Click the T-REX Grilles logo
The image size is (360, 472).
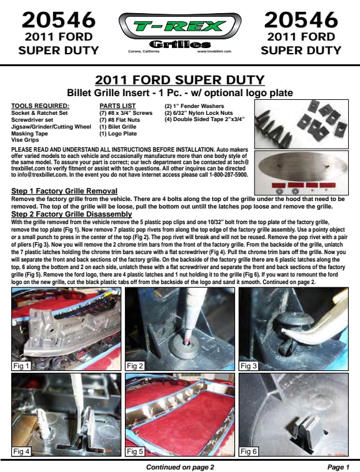point(180,32)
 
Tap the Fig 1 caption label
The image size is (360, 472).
point(21,366)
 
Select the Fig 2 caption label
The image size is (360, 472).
point(134,366)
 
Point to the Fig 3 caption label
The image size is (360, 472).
point(249,366)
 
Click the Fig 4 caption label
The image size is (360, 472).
point(21,451)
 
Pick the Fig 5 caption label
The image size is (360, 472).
point(134,451)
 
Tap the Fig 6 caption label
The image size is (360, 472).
point(249,451)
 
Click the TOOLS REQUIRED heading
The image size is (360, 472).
point(40,106)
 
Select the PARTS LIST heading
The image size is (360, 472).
point(117,106)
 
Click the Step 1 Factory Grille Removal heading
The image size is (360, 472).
point(64,191)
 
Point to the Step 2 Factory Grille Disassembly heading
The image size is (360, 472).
point(71,214)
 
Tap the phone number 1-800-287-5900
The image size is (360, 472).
point(229,175)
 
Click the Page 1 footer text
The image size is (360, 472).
point(338,467)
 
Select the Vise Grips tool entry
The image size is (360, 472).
point(25,140)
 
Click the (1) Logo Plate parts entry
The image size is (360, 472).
point(118,134)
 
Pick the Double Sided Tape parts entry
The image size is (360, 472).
point(204,119)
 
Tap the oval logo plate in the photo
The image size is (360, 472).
point(302,167)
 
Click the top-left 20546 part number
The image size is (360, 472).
point(59,20)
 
